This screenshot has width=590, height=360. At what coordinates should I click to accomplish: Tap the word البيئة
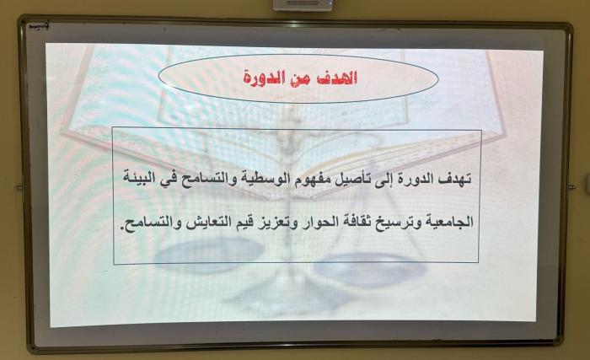click(x=140, y=177)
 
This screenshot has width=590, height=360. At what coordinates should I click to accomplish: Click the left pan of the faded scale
click(x=210, y=255)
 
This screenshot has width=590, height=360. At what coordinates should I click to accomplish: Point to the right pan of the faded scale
click(x=369, y=268)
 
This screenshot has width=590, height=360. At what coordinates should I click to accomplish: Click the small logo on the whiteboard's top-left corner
click(x=40, y=27)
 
